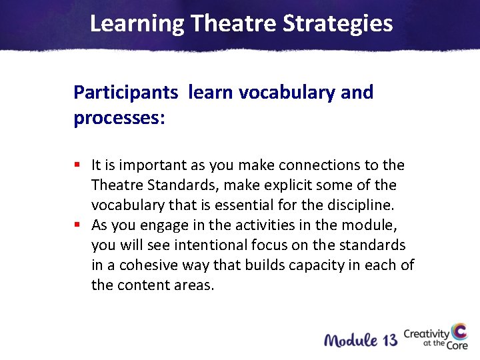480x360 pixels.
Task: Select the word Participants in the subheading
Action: point(126,92)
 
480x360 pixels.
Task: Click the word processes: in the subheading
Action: point(119,118)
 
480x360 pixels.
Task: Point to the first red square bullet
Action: point(77,164)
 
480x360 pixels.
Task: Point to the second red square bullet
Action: point(77,224)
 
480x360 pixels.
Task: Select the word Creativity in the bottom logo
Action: point(426,333)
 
